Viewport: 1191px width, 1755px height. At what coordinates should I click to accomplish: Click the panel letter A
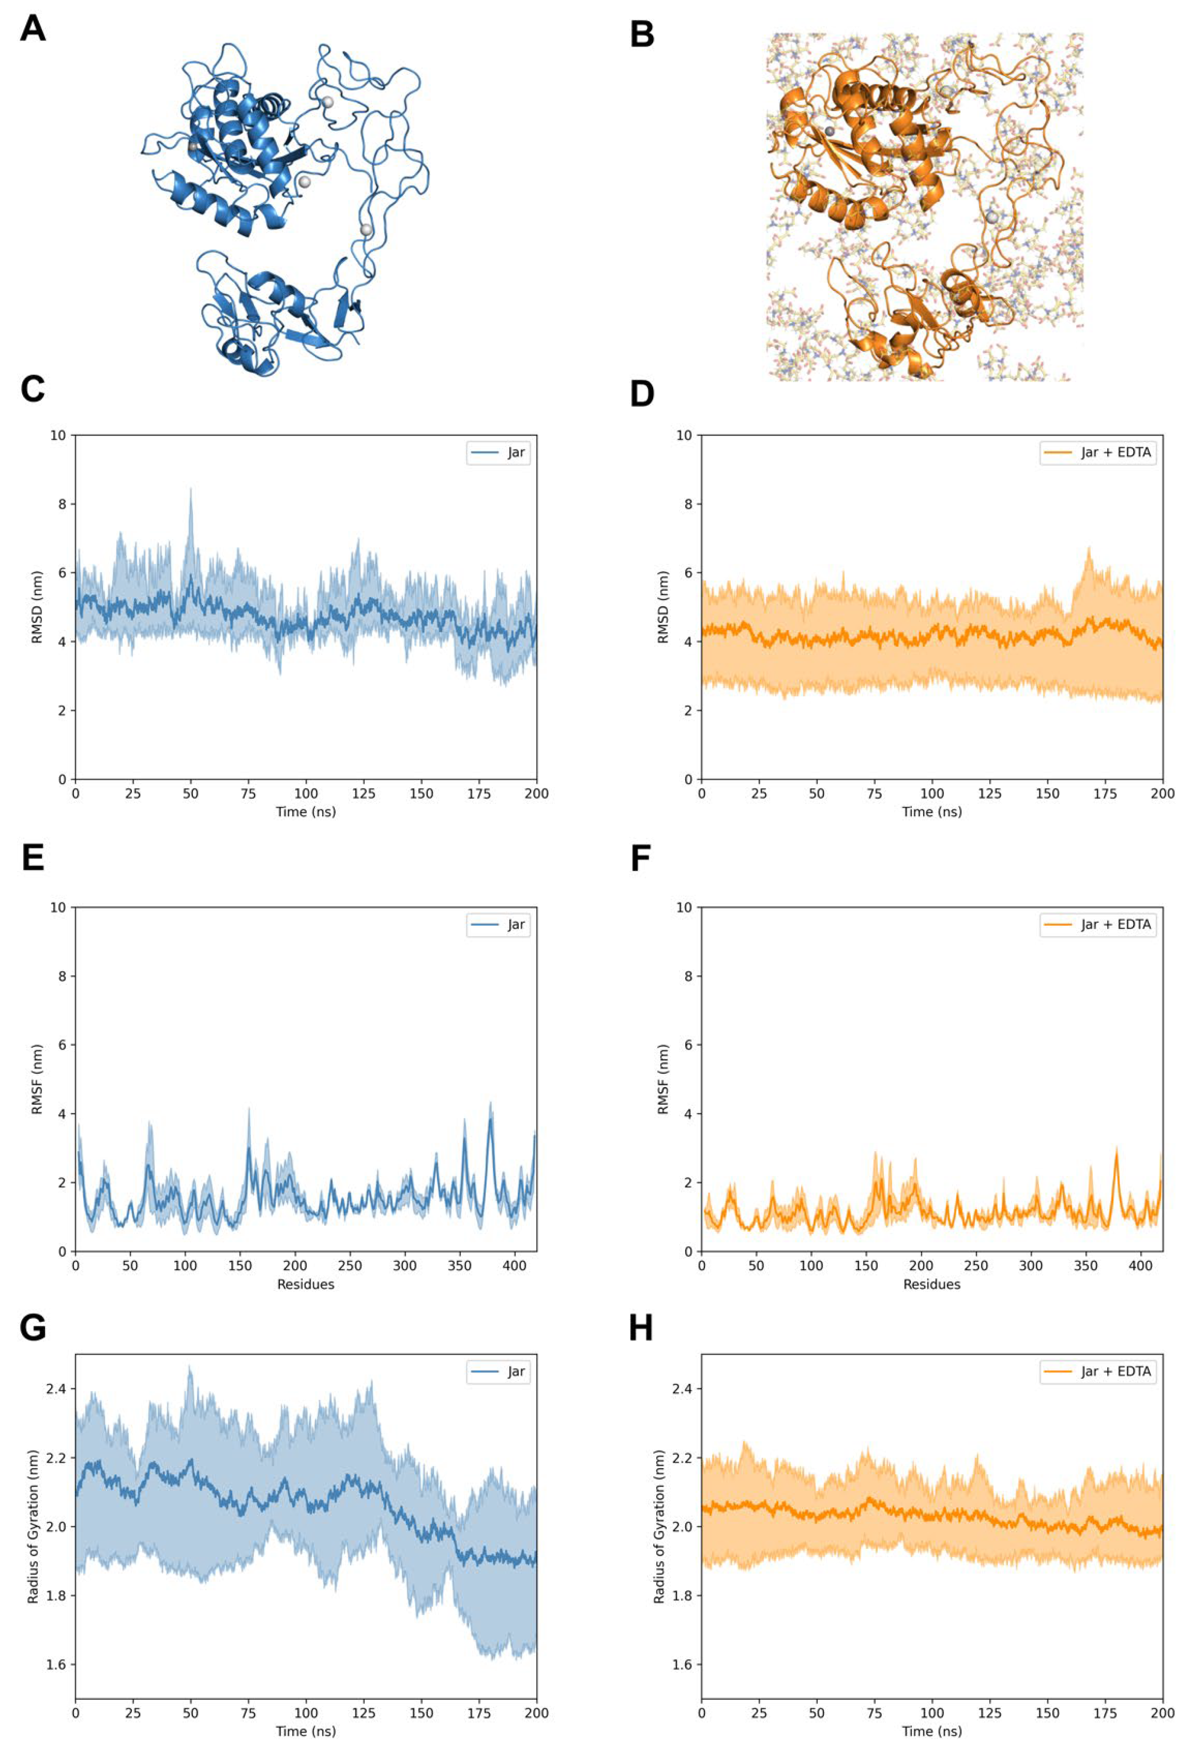33,29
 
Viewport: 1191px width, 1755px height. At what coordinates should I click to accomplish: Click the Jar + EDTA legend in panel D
1097,452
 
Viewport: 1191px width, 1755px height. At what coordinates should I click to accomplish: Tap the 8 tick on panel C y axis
62,504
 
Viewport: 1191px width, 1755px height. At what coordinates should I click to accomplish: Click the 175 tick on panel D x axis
1105,793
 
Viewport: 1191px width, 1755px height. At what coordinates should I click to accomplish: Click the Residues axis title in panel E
305,1284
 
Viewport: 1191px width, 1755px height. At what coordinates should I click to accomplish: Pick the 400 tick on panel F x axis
1140,1265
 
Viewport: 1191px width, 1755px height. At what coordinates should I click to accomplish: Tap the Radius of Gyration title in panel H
659,1526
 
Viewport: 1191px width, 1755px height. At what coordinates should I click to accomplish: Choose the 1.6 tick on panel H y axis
682,1665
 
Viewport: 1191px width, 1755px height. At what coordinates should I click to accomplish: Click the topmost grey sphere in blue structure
327,101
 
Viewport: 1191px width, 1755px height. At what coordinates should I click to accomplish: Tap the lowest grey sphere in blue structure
366,229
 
